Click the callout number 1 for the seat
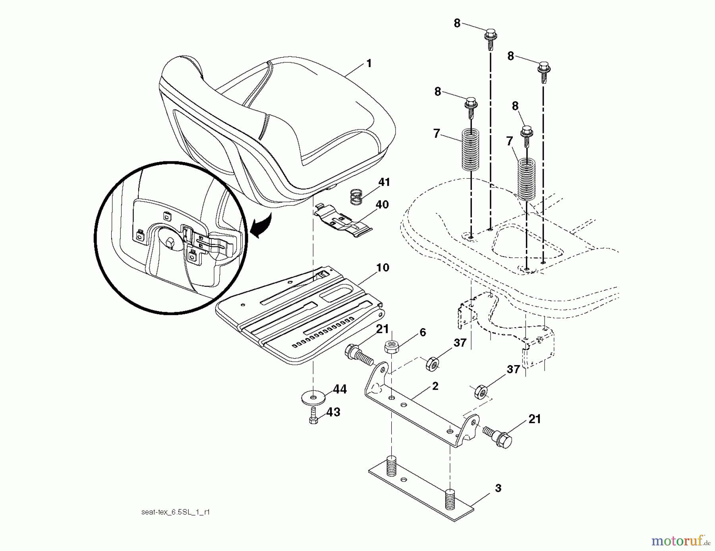coord(369,64)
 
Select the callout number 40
coord(382,205)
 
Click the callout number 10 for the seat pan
coord(382,268)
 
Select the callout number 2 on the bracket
coord(435,386)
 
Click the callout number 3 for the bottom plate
coord(498,488)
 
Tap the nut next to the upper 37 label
coord(432,363)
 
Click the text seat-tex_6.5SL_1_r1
coord(175,512)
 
